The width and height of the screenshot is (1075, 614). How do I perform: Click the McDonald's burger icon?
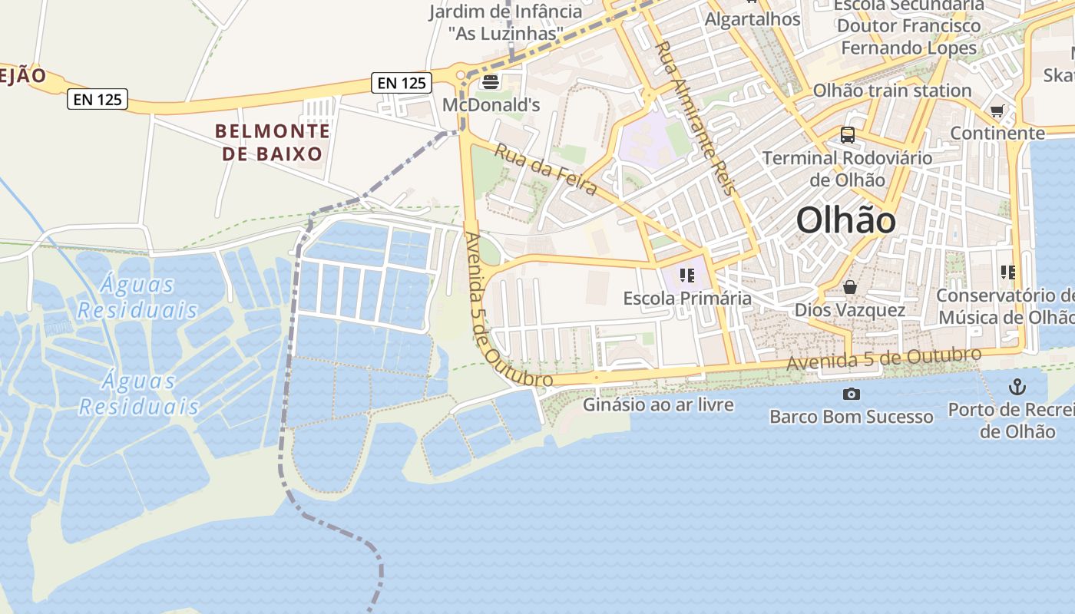point(491,81)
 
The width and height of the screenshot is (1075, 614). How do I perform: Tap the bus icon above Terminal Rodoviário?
point(848,135)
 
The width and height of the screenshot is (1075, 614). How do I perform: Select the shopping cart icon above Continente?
point(997,111)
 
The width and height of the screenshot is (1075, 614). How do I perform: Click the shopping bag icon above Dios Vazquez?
point(850,288)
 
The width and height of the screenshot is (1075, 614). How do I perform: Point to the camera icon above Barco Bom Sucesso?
point(851,394)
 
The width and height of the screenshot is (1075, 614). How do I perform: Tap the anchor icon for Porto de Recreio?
point(1017,386)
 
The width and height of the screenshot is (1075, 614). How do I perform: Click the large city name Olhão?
point(845,221)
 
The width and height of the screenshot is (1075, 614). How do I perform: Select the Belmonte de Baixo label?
point(273,143)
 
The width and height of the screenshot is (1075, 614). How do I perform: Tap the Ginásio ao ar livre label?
point(658,404)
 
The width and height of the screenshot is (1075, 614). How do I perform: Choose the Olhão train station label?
point(892,91)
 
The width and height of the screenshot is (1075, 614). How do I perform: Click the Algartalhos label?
point(752,19)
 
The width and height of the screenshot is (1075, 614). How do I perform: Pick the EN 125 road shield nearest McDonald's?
point(402,83)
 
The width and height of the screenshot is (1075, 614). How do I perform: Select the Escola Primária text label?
point(687,298)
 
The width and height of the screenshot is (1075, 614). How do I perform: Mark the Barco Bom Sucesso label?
point(852,417)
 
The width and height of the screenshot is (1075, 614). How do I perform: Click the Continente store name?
point(997,133)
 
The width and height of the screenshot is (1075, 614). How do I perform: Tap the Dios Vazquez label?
point(850,310)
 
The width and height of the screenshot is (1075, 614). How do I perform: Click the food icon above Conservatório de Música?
point(1008,272)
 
